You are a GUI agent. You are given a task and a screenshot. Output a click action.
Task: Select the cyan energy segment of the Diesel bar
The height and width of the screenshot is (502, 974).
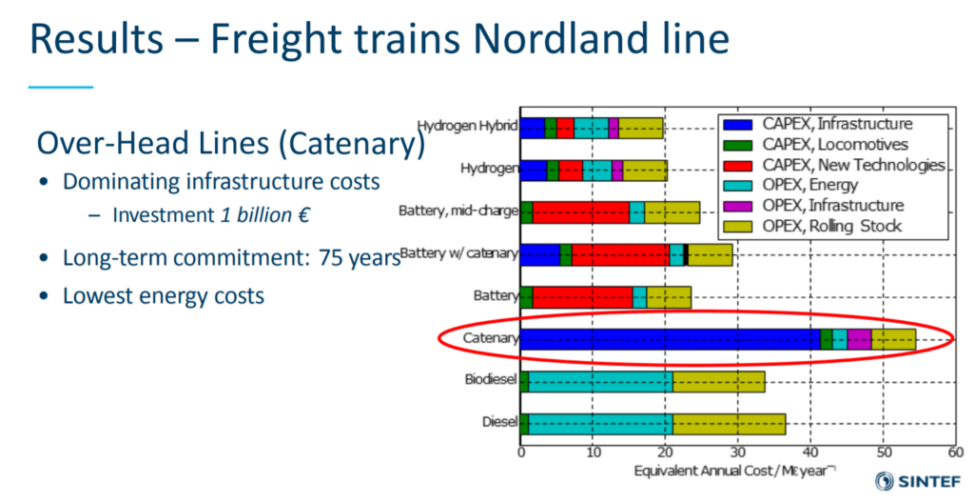coord(599,423)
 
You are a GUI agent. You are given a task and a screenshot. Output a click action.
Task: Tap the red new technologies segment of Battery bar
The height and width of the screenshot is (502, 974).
coord(582,296)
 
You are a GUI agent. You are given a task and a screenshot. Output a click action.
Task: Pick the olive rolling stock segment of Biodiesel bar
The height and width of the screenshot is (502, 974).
coord(718,381)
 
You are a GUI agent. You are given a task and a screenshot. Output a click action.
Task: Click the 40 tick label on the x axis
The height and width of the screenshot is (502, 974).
coord(810,452)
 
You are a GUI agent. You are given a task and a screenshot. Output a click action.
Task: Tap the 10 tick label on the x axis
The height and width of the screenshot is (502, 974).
coord(593,452)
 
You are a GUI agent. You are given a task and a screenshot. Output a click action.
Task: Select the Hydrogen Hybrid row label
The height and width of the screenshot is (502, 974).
coord(466,126)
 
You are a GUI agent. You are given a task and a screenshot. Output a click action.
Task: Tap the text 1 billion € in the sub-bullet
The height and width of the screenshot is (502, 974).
coord(264,215)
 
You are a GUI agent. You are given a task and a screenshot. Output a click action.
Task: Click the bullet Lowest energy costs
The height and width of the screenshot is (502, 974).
coord(163,295)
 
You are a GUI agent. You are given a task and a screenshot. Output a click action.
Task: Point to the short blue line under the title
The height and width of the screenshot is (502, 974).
coord(61,87)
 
